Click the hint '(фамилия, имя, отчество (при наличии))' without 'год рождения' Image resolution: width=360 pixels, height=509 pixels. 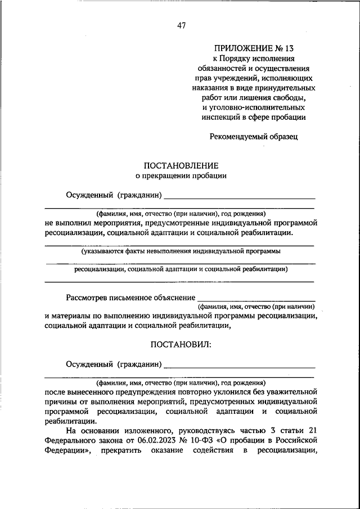[255, 307]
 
